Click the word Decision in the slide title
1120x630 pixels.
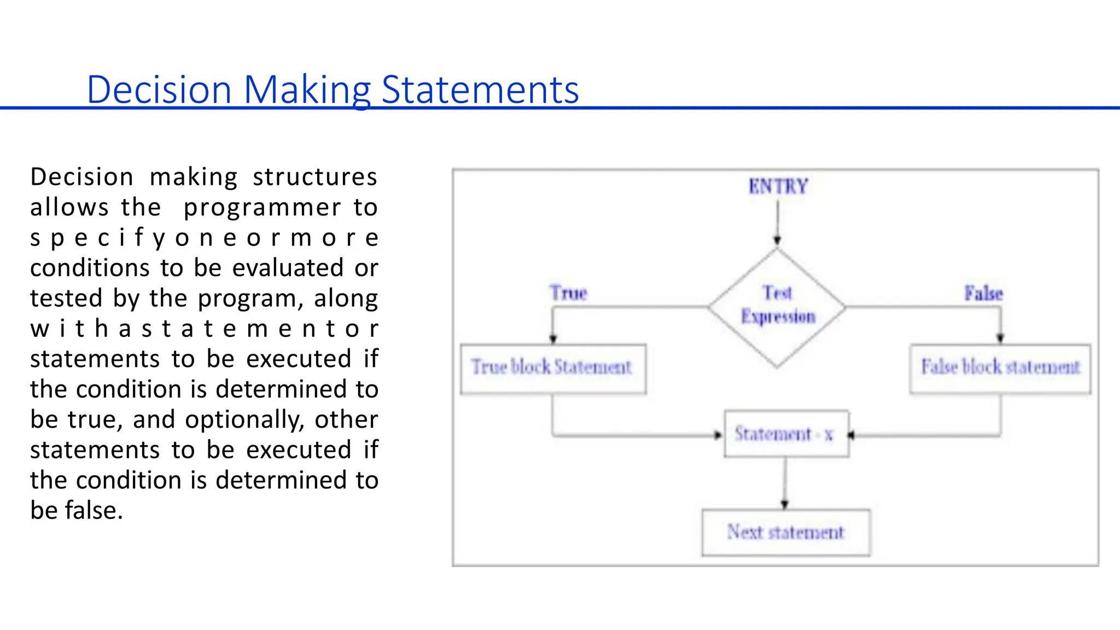tap(159, 90)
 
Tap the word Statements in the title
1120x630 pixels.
tap(480, 90)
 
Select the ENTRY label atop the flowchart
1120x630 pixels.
tap(778, 186)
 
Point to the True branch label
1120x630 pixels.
tap(568, 293)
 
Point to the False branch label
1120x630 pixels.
tap(983, 294)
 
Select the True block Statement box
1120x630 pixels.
tap(553, 368)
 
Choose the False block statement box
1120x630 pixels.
tap(1000, 368)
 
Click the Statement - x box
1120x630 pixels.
tap(786, 434)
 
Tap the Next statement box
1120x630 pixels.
tap(786, 532)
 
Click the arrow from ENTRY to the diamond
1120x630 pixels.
tap(777, 221)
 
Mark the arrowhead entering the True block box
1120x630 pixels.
tap(553, 339)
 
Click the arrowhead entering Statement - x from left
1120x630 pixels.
tap(718, 435)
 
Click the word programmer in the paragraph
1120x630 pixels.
tap(262, 208)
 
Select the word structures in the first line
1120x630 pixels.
tap(314, 177)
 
